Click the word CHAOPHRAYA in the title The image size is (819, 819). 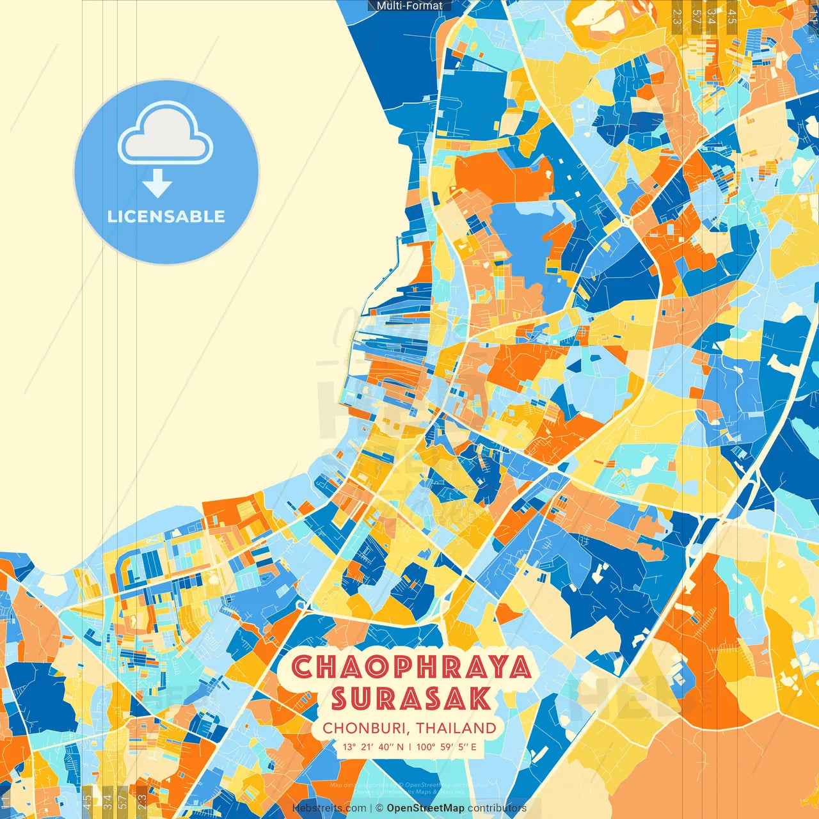411,667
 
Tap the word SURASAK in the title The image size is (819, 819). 411,699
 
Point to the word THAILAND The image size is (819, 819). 456,728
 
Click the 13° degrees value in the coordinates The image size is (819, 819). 349,747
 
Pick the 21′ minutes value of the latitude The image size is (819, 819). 367,747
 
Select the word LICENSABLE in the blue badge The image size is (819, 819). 166,216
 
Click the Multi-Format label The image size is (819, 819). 409,6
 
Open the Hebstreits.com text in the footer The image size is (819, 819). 329,808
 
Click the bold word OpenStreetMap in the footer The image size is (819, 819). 425,808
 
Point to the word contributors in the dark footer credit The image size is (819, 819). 497,808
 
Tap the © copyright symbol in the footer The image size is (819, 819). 379,808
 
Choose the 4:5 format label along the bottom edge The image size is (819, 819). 87,802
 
